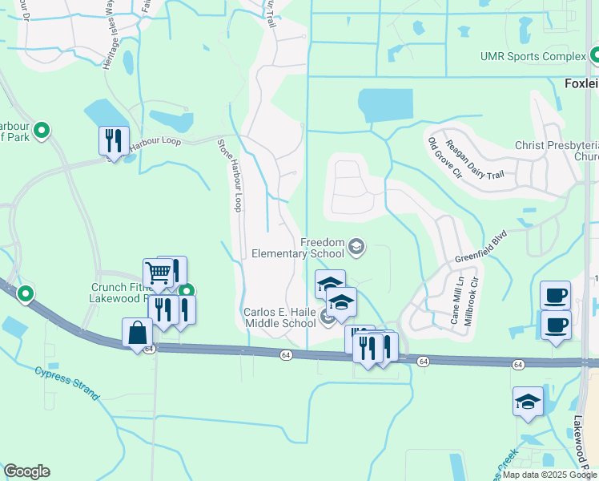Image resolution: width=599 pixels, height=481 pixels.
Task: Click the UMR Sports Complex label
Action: [x=533, y=57]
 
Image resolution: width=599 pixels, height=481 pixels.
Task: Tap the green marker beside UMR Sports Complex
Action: [x=595, y=56]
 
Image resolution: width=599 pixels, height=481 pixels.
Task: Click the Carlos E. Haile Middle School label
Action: [x=279, y=317]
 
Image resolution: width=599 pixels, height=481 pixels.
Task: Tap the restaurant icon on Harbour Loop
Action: [x=113, y=141]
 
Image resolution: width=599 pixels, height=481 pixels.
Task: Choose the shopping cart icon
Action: [x=158, y=273]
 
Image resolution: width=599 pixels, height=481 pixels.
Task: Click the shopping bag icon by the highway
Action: [x=137, y=332]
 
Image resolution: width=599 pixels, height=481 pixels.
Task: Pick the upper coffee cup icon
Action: [x=555, y=295]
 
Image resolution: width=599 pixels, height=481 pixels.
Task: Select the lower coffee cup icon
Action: [x=555, y=325]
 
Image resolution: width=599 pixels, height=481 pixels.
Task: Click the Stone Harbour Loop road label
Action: [x=229, y=174]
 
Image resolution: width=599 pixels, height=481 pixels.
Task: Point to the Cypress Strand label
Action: [x=66, y=383]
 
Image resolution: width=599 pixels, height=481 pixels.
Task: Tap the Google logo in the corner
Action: [x=26, y=471]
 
